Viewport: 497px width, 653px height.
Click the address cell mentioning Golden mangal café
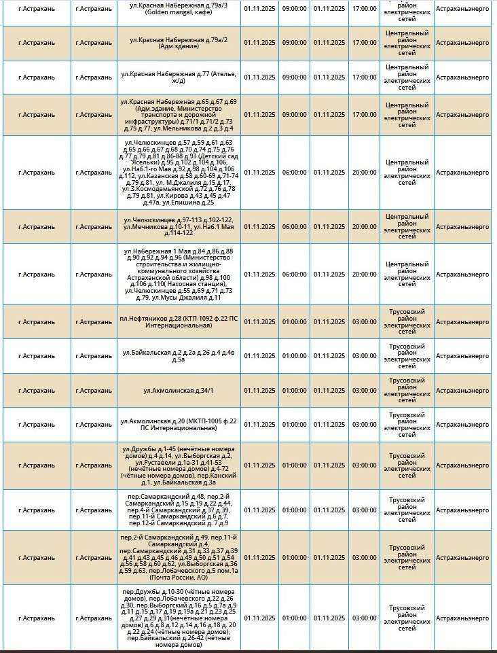[x=179, y=9]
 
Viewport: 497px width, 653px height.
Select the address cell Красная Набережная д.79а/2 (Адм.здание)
[x=179, y=42]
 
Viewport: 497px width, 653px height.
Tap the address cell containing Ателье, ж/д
[x=179, y=77]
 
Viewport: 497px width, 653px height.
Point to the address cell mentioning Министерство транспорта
[x=179, y=114]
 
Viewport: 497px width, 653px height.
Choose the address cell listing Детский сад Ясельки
[x=179, y=173]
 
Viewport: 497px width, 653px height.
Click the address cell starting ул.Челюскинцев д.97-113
[x=179, y=226]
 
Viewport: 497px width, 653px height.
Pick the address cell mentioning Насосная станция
[x=179, y=274]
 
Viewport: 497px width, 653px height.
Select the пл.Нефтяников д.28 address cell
[x=179, y=321]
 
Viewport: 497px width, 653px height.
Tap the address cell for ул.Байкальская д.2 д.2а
[x=179, y=355]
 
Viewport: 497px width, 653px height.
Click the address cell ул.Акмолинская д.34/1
[x=179, y=390]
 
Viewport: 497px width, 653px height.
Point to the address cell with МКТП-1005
[x=179, y=424]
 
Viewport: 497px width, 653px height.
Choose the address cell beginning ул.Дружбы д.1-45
[x=179, y=465]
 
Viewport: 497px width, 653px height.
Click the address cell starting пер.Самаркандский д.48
[x=179, y=510]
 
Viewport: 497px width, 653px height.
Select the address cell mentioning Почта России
[x=179, y=557]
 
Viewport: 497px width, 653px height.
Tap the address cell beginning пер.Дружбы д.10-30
[x=179, y=618]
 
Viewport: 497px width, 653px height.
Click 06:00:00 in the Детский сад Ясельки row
[x=294, y=173]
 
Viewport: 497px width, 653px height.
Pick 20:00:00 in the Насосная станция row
[x=364, y=274]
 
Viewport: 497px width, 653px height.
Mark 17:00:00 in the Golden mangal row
[x=364, y=9]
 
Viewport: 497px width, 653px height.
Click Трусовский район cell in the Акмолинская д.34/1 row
[x=406, y=390]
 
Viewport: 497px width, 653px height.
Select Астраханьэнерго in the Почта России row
[x=462, y=557]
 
